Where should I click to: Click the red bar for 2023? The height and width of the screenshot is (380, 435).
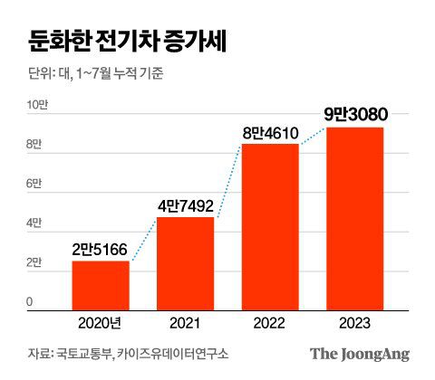point(355,218)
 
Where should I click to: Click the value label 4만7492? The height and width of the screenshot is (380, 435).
point(186,204)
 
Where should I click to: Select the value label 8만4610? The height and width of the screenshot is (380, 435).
point(271,132)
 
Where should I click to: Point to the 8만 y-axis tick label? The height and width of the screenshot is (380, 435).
point(33,145)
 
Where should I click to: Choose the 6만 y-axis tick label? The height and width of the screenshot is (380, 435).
point(33,184)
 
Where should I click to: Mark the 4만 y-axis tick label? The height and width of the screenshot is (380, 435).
point(33,223)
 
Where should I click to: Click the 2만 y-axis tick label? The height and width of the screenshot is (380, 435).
point(33,262)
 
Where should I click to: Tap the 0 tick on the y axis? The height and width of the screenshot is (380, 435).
point(30,301)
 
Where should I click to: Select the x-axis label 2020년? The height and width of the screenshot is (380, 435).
point(101,321)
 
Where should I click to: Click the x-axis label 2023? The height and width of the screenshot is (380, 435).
point(355,321)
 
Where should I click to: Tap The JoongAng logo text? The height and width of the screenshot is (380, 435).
point(360,354)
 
